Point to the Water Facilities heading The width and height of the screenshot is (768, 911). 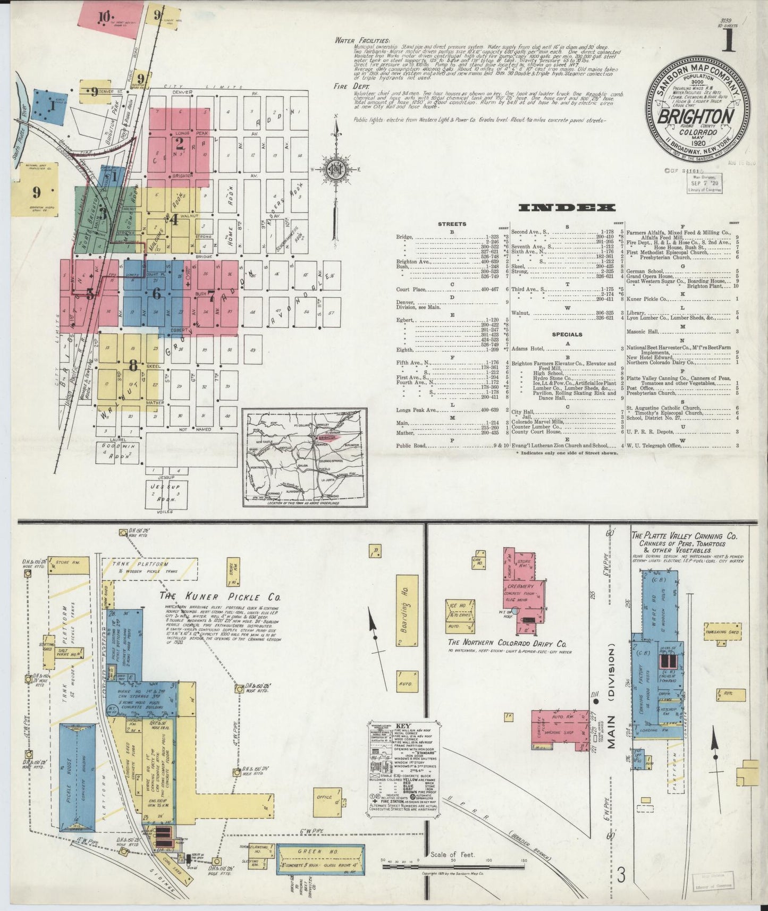[362, 41]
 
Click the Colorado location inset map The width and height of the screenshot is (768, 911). [305, 458]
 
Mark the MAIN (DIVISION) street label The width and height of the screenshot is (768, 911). [612, 696]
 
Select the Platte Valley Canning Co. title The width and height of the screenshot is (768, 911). [684, 536]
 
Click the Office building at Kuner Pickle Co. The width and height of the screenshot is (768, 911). [325, 797]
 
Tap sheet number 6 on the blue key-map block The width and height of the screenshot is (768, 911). [156, 293]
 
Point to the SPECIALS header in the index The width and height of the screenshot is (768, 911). [567, 334]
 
